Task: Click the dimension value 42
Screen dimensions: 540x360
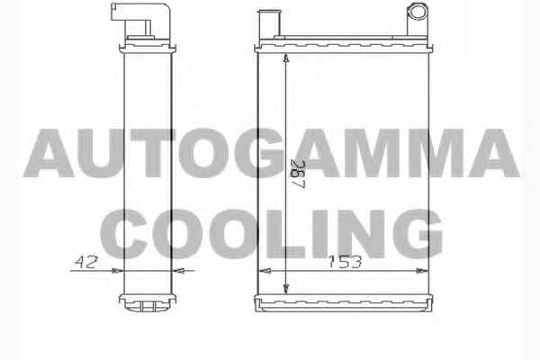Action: pyautogui.click(x=86, y=262)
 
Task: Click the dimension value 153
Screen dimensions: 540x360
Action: pyautogui.click(x=345, y=262)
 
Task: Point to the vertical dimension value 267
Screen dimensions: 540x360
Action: pyautogui.click(x=298, y=174)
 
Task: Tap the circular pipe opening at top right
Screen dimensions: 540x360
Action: pyautogui.click(x=418, y=12)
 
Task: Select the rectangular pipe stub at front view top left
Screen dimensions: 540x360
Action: pyautogui.click(x=270, y=23)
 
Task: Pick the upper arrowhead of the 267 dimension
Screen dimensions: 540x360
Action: pyautogui.click(x=286, y=58)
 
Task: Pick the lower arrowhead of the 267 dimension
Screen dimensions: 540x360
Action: pyautogui.click(x=286, y=289)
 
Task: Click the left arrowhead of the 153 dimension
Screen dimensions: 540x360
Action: pyautogui.click(x=265, y=271)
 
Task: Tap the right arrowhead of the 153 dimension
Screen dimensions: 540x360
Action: pyautogui.click(x=422, y=271)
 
